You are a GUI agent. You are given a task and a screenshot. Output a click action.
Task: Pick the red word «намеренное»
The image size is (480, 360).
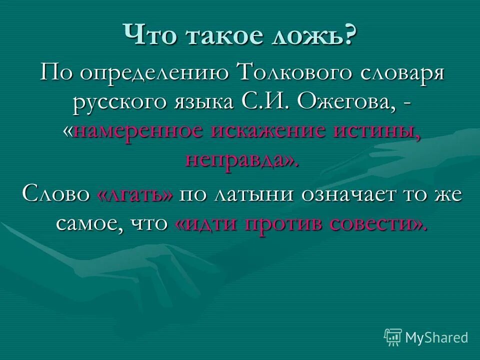point(138,130)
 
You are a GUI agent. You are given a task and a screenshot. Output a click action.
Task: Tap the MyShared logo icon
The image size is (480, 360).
point(393,336)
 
